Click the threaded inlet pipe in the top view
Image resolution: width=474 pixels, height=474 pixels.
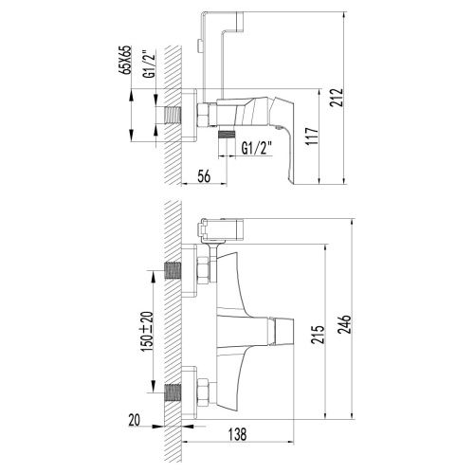point(171,115)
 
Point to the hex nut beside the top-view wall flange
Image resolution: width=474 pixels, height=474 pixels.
point(203,115)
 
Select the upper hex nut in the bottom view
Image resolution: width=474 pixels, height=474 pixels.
point(204,268)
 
